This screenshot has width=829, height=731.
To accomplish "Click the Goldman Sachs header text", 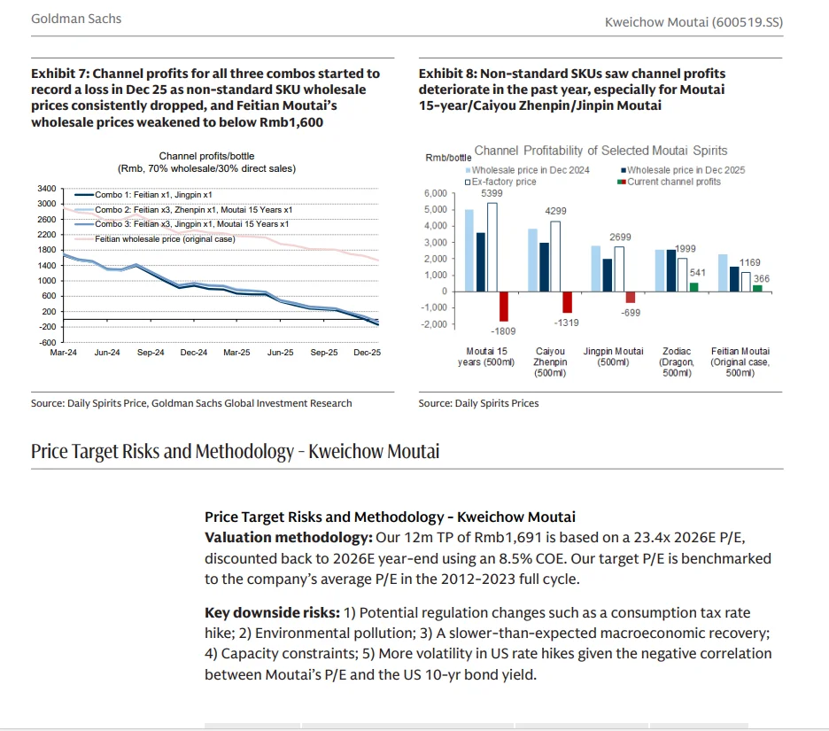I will [76, 19].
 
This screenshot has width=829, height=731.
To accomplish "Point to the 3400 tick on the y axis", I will [47, 189].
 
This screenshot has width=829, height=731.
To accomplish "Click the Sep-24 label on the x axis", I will [151, 353].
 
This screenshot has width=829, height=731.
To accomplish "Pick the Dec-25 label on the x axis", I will [368, 353].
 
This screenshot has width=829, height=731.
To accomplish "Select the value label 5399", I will [492, 192].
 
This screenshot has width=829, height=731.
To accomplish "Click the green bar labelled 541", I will [693, 286].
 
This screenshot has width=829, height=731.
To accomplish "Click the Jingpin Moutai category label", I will [613, 357].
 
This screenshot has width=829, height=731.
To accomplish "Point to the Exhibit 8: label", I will [450, 74].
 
